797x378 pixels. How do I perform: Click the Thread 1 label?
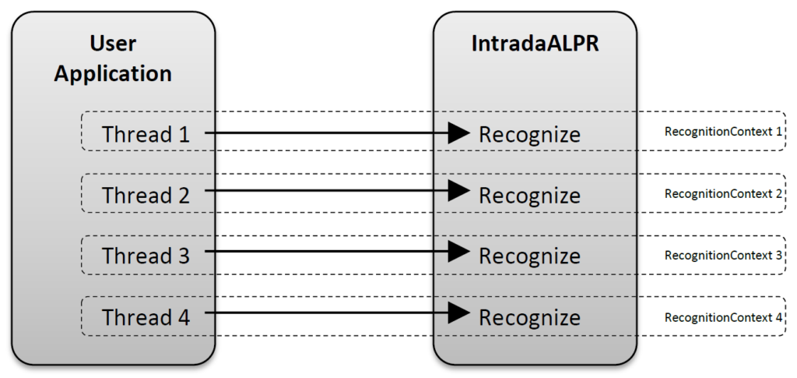coord(146,134)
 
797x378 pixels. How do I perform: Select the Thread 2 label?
coord(146,195)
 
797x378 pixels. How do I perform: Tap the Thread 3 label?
coord(146,256)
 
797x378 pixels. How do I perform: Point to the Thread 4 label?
coord(146,317)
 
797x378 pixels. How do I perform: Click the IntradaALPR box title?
coord(535,44)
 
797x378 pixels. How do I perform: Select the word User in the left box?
coord(113,44)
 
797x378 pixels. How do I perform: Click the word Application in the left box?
coord(113,74)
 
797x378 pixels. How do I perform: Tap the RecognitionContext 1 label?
coord(723,132)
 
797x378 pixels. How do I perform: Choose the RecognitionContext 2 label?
coord(723,193)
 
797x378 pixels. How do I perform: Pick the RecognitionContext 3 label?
coord(723,255)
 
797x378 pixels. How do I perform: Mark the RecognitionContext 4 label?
coord(723,317)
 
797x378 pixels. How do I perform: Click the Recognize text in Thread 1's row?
coord(529,135)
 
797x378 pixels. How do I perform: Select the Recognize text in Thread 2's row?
coord(529,196)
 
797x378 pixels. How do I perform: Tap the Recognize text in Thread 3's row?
coord(529,256)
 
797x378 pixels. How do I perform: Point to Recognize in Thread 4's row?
coord(529,318)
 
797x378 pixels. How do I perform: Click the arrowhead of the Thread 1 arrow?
coord(460,132)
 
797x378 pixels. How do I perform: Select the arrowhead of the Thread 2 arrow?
coord(460,189)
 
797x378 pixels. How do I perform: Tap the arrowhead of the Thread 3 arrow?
coord(460,251)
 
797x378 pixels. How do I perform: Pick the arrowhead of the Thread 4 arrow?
coord(460,313)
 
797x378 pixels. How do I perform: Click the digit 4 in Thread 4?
coord(183,317)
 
